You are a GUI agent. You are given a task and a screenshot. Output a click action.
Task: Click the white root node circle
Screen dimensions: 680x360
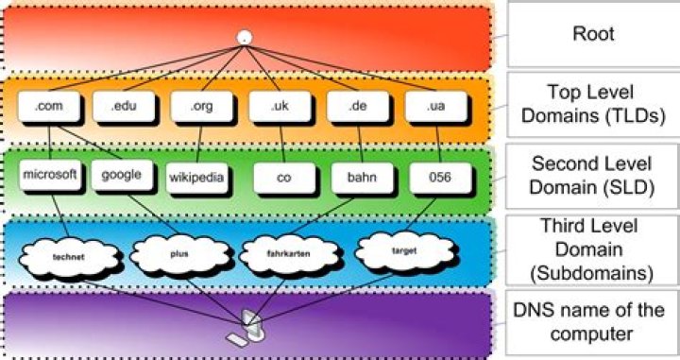[245, 37]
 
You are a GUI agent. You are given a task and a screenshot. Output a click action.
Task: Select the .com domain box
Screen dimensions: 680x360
[49, 106]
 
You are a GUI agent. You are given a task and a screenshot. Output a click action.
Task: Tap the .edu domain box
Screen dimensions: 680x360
[124, 106]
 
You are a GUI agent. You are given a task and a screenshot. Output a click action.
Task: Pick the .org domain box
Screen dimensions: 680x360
[202, 106]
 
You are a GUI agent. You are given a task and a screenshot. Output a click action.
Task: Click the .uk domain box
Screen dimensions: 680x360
[280, 106]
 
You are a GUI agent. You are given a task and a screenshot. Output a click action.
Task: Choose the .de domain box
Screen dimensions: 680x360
[358, 106]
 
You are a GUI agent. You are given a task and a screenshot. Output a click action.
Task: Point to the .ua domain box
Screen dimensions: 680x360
[436, 106]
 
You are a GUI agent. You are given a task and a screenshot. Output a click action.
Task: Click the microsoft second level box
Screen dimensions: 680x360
[50, 175]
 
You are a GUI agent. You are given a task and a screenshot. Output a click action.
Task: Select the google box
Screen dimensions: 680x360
[122, 175]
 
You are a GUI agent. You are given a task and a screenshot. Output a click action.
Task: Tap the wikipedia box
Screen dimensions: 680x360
[196, 178]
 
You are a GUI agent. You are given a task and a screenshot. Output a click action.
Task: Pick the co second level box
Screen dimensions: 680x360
[284, 178]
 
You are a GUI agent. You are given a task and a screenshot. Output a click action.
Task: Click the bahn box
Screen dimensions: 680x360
[362, 178]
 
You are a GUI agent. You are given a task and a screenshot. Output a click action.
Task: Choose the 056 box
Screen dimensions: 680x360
[440, 178]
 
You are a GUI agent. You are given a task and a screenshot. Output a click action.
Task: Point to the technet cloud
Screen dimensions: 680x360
[69, 257]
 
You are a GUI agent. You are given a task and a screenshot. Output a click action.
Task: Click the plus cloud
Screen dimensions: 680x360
[179, 254]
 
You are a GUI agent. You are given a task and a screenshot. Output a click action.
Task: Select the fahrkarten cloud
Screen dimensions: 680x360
[289, 254]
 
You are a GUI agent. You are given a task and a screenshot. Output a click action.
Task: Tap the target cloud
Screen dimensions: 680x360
[404, 251]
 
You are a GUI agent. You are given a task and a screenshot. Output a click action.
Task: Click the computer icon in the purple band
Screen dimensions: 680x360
[246, 328]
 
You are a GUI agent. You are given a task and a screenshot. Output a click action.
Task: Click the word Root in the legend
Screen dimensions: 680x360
[593, 33]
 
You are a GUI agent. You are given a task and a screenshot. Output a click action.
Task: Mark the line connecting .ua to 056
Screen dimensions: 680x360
[438, 142]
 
